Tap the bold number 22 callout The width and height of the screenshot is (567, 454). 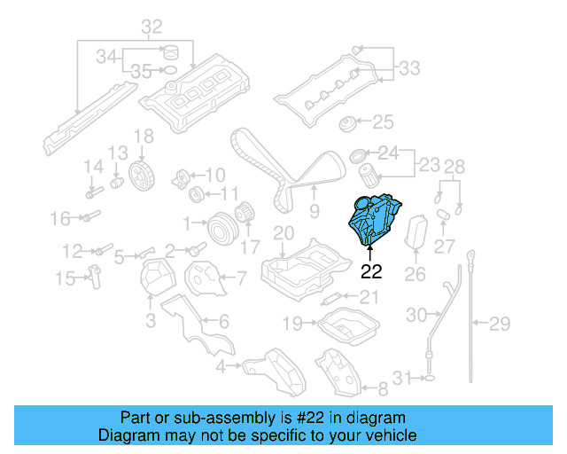point(371,272)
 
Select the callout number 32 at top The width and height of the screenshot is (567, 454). point(151,26)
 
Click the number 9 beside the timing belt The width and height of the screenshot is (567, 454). point(314,210)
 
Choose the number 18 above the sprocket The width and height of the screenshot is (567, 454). point(144,137)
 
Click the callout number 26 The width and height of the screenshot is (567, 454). point(416,275)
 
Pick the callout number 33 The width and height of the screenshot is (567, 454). point(409,67)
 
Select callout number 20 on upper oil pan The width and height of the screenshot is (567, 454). point(283,234)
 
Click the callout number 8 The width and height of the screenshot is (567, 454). point(383,388)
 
